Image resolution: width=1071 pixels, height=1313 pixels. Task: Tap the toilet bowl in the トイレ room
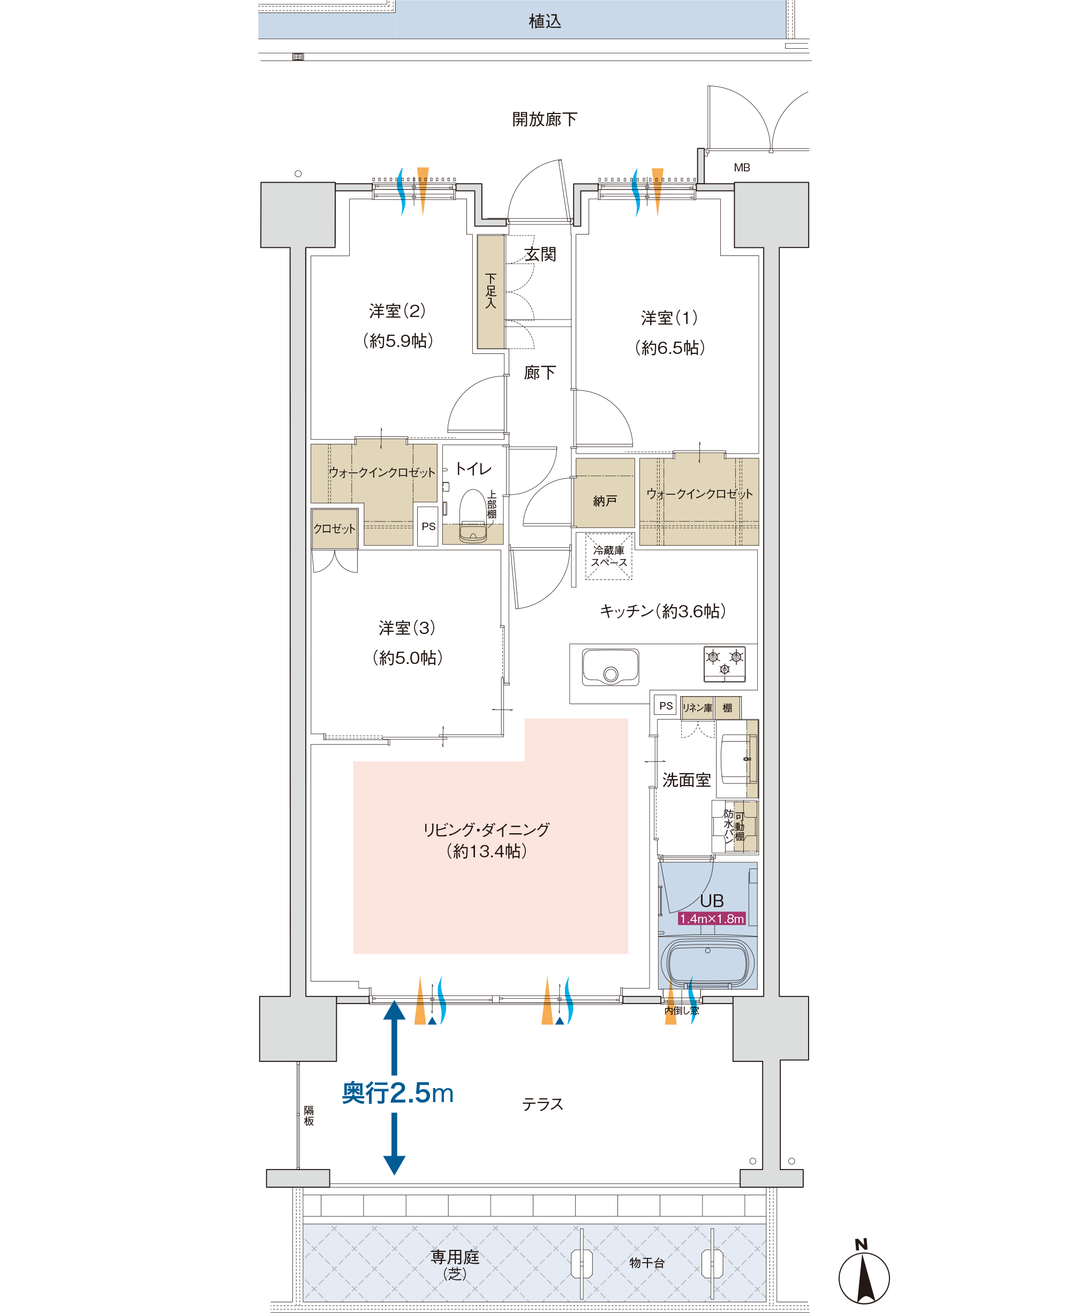473,516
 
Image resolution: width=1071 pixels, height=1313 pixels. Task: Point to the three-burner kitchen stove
725,664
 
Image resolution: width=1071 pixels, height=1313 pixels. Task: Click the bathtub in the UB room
707,962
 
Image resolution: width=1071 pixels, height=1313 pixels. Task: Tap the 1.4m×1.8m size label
712,919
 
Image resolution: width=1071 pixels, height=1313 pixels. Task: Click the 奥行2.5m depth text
398,1093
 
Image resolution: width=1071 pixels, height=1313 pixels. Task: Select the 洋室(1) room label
669,318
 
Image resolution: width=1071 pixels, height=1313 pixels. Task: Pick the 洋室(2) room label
398,311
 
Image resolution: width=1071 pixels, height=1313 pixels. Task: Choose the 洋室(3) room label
407,628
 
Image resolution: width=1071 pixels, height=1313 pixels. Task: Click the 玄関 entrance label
540,254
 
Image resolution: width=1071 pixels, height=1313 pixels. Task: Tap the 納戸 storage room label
605,501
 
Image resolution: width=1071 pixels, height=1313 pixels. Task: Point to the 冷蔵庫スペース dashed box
609,556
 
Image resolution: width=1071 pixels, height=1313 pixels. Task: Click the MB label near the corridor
742,168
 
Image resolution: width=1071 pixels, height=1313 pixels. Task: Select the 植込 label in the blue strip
545,21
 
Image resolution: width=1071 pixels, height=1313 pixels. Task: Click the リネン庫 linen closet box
698,708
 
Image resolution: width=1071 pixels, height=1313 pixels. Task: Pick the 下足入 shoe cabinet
491,292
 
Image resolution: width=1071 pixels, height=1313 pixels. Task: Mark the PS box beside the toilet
428,526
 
